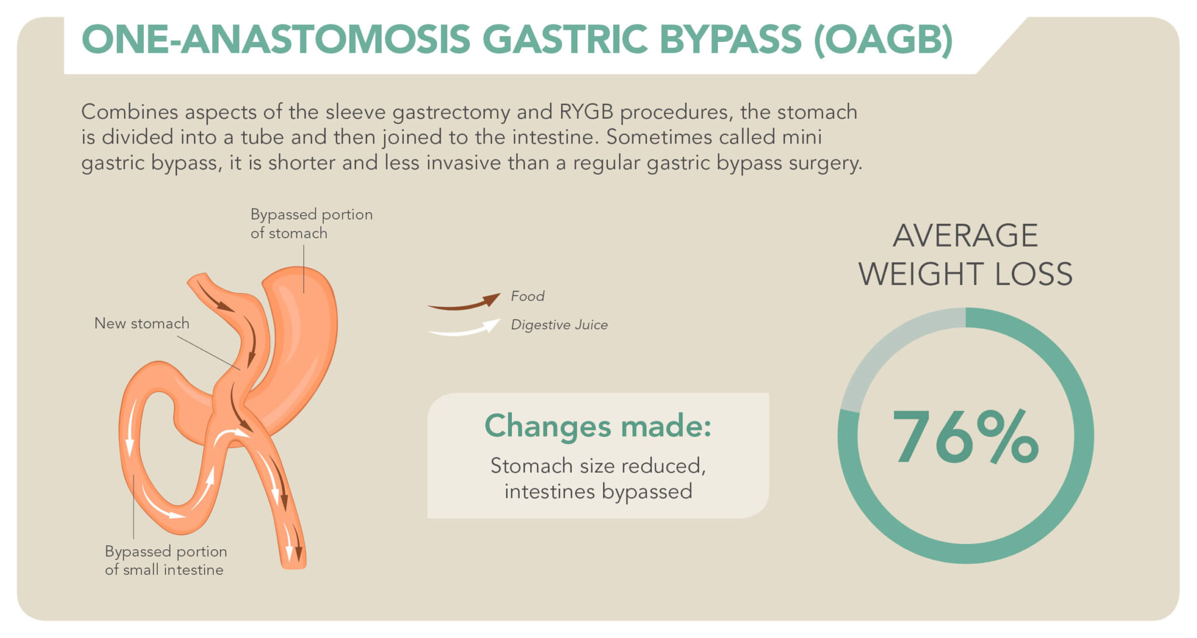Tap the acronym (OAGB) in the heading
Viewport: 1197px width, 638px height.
(x=883, y=40)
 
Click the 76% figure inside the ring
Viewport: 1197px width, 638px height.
(x=965, y=437)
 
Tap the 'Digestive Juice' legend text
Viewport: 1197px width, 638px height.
(x=559, y=325)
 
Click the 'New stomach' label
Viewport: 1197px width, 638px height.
(x=141, y=323)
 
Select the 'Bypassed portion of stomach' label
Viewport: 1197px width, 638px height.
(x=311, y=223)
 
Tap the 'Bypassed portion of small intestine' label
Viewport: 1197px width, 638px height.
(x=165, y=560)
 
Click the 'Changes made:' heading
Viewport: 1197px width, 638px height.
(x=597, y=425)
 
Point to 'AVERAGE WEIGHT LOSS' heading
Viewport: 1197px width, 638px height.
(x=965, y=255)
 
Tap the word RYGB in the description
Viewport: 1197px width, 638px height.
(x=586, y=112)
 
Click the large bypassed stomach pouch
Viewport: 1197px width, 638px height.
(x=304, y=339)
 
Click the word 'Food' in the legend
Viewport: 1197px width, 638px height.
(x=527, y=296)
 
